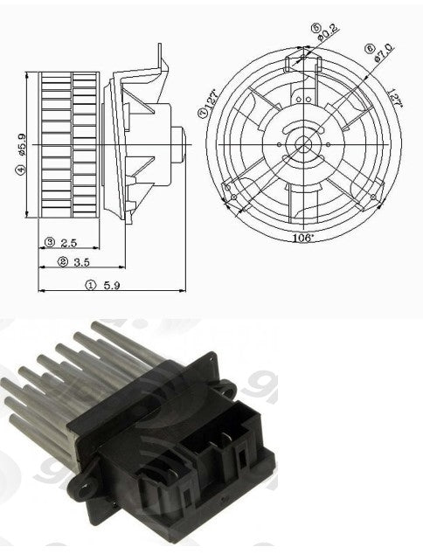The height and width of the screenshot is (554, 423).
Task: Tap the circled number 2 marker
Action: pyautogui.click(x=62, y=261)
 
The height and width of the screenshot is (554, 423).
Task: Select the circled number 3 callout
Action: pyautogui.click(x=50, y=241)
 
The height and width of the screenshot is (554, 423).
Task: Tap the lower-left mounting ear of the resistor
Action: pyautogui.click(x=88, y=476)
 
